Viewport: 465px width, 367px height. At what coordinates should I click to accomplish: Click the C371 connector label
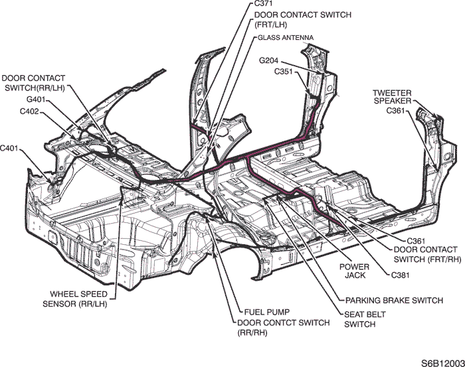click(x=264, y=5)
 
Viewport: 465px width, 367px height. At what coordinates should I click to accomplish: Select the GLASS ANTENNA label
click(x=286, y=37)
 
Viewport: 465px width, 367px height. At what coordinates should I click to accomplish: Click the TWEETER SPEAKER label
click(x=393, y=97)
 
